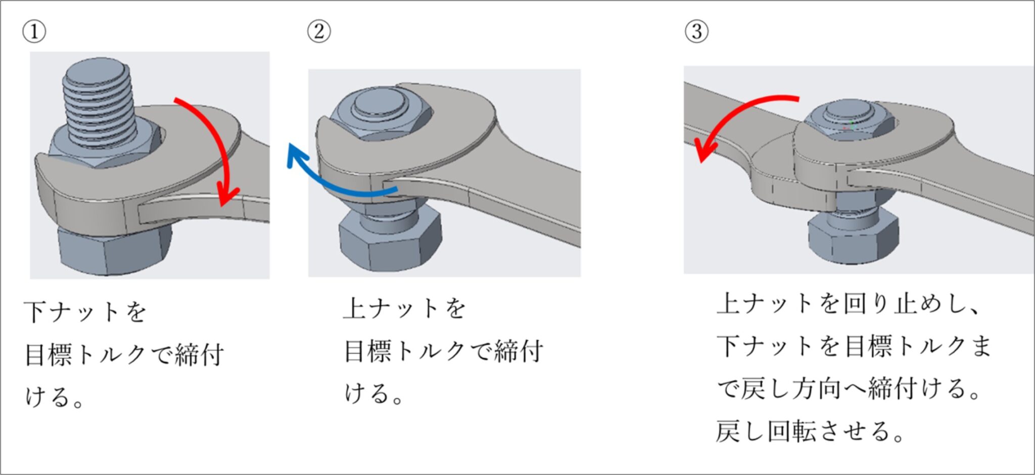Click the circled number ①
pos(34,31)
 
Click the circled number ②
pos(319,31)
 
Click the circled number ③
pos(696,31)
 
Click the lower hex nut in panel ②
pos(389,243)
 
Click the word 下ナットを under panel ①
pos(85,311)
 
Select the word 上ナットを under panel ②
pos(404,308)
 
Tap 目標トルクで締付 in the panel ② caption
pos(444,351)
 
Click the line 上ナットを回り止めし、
pos(849,304)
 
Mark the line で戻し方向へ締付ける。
pos(849,389)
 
